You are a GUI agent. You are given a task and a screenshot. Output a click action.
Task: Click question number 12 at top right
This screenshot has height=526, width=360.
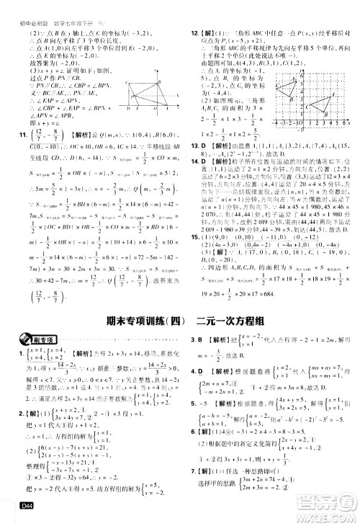[x=194, y=33]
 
